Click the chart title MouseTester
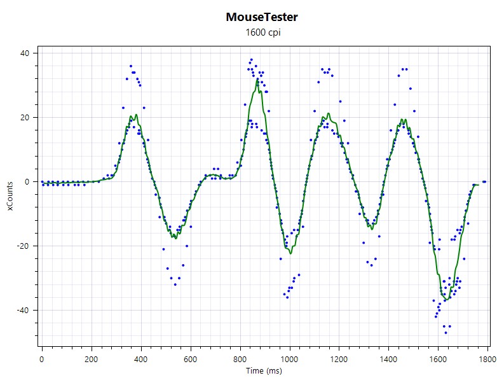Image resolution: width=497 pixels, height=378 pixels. pos(262,17)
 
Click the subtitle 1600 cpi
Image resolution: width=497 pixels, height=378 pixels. pos(263,32)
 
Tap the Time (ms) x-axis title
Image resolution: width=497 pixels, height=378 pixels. pos(264,371)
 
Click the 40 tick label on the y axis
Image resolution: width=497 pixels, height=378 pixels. pos(24,53)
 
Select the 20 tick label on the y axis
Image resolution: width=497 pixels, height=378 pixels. pos(24,118)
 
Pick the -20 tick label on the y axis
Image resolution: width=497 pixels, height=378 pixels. pos(23,246)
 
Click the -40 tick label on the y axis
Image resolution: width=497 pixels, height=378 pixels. pos(23,311)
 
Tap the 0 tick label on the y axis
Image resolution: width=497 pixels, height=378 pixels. pos(27,182)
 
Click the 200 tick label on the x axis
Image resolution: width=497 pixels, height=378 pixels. pos(92,360)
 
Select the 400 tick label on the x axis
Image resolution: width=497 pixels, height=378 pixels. pos(140,360)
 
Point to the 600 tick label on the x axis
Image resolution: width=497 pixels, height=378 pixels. pos(190,360)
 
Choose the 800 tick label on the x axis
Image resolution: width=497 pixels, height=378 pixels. pos(240,360)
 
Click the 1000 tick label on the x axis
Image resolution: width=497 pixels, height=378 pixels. pos(289,360)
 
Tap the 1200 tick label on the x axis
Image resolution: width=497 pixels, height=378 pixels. pos(339,360)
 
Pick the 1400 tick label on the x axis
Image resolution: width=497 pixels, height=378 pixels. pos(388,360)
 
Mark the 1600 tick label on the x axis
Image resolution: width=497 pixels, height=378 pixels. pos(438,360)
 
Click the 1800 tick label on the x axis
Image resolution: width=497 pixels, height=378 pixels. pos(487,360)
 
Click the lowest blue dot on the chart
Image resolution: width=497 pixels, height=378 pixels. pos(446,333)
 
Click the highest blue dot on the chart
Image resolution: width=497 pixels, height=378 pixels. pos(251,60)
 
